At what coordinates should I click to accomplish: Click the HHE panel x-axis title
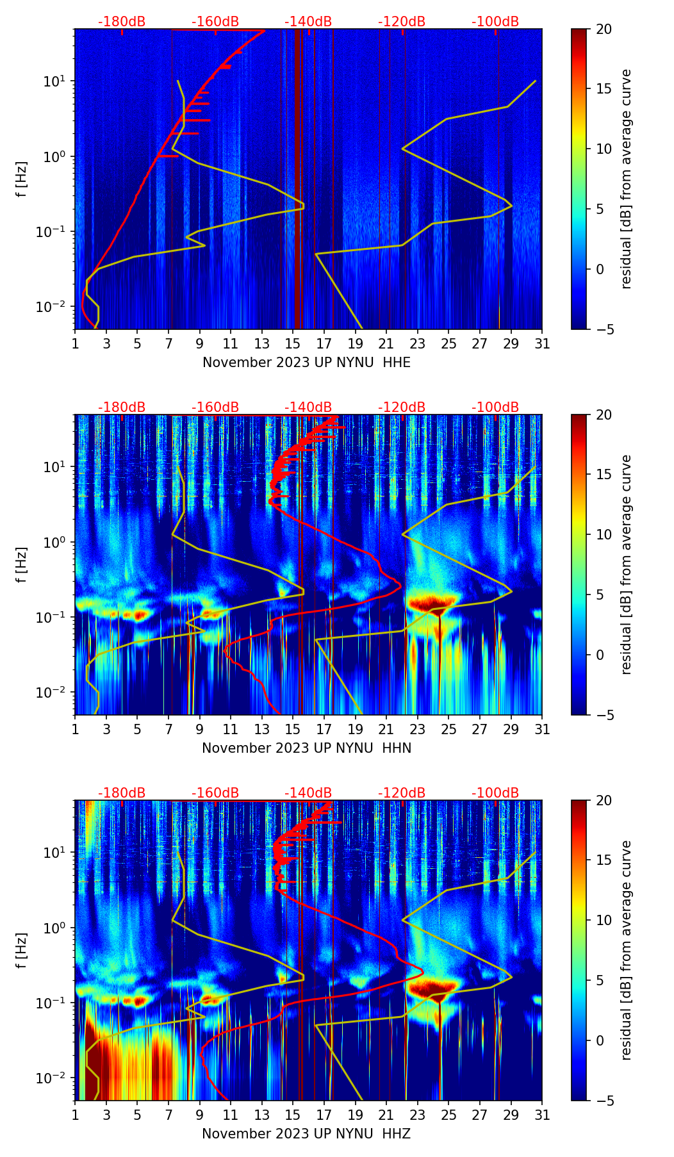[x=306, y=363]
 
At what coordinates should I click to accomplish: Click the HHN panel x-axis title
[x=306, y=748]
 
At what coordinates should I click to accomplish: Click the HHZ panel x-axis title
[x=306, y=1134]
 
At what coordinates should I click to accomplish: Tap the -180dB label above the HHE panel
[x=122, y=22]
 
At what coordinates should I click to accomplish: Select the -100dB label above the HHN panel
[x=495, y=407]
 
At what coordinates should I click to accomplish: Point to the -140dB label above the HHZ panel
[x=308, y=793]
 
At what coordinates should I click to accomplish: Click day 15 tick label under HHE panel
[x=293, y=343]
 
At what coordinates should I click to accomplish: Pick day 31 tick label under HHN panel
[x=542, y=729]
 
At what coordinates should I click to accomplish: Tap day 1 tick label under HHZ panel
[x=75, y=1115]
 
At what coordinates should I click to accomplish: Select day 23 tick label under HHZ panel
[x=418, y=1115]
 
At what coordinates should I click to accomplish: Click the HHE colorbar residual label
[x=627, y=179]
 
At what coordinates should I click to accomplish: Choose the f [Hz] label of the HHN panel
[x=22, y=564]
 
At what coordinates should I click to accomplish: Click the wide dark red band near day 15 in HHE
[x=299, y=179]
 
